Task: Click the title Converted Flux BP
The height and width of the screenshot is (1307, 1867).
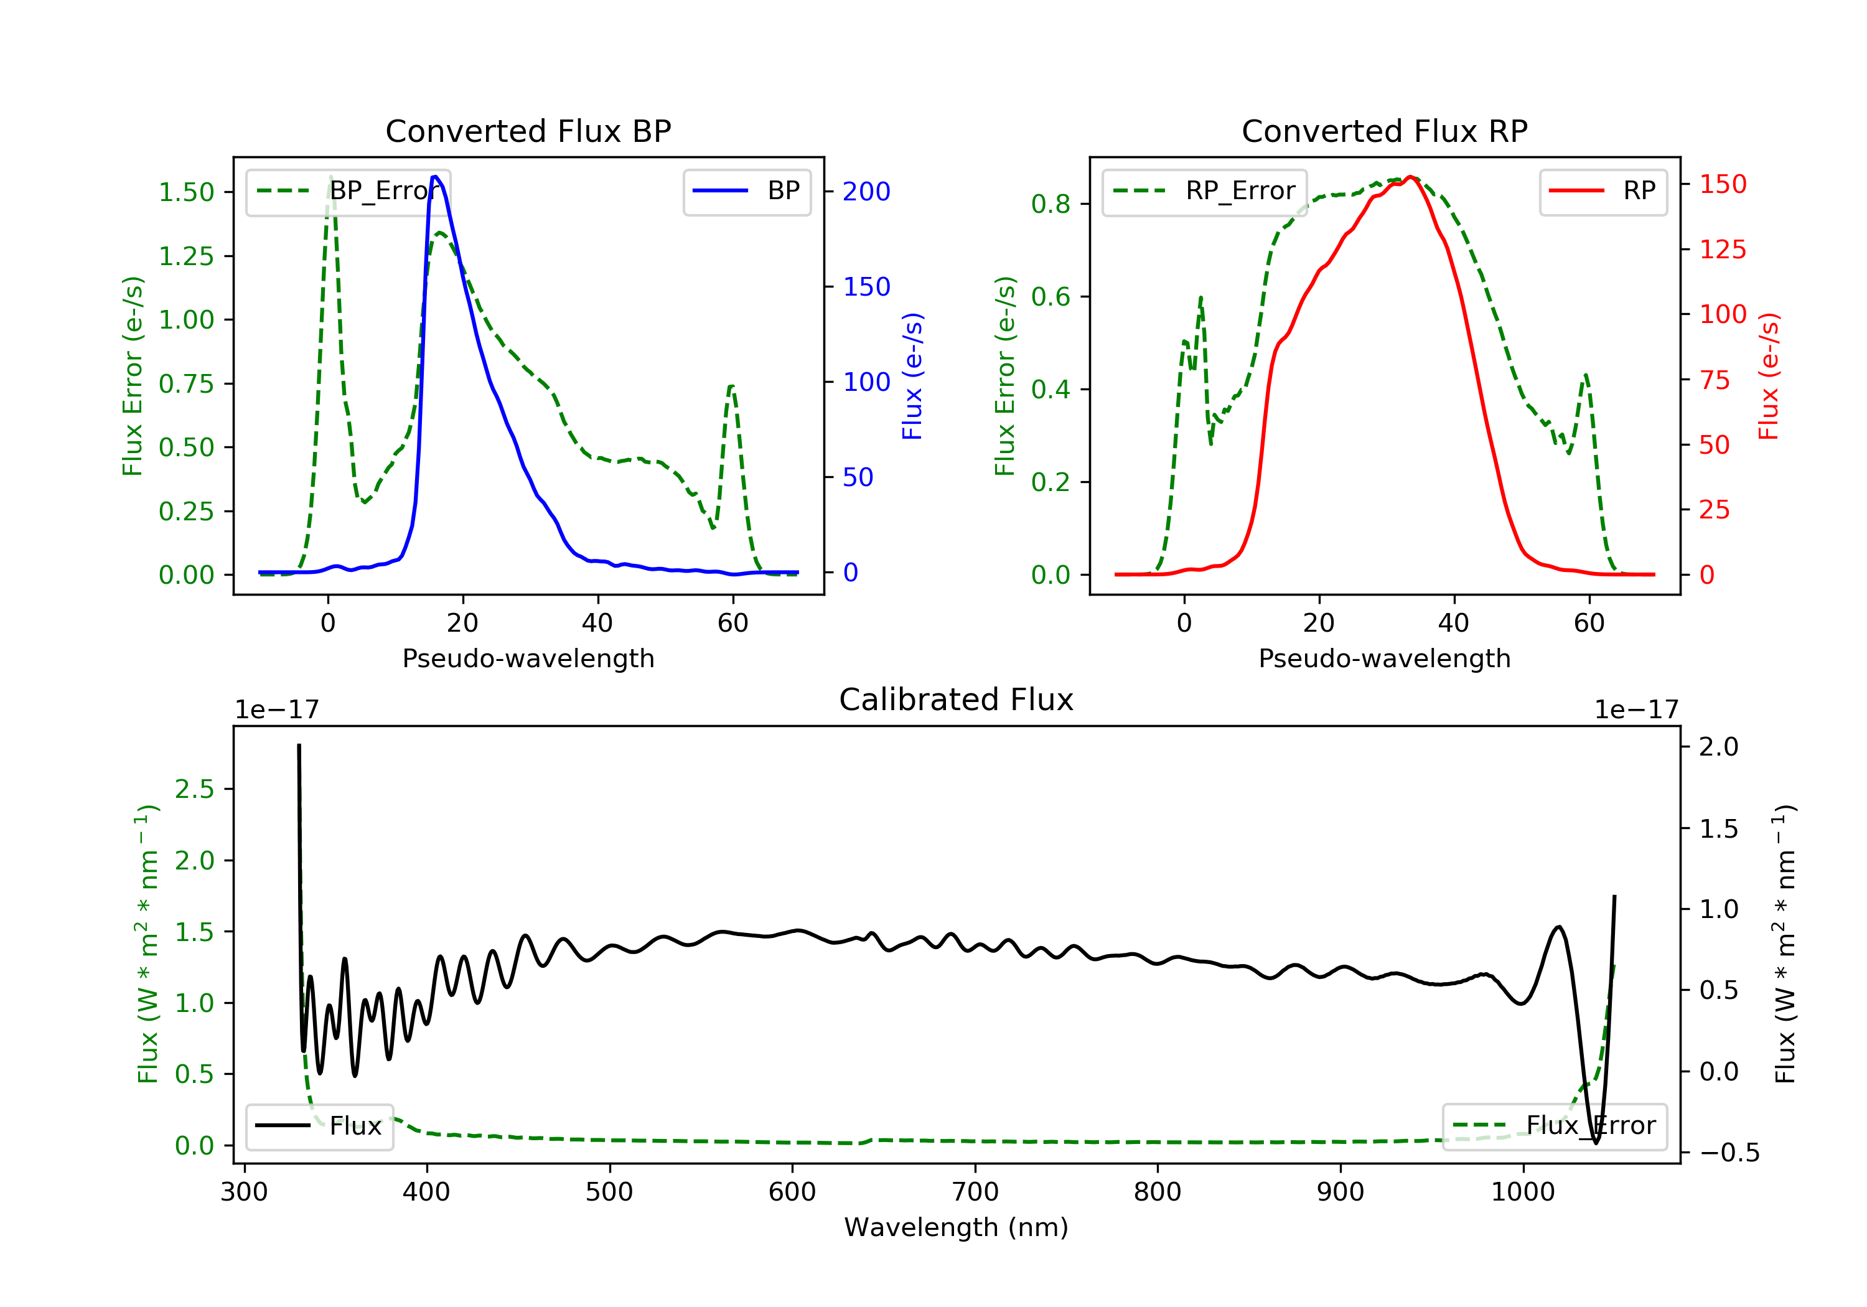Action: [528, 131]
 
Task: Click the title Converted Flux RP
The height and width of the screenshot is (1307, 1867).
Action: [1384, 131]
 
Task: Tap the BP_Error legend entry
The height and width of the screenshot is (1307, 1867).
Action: [348, 191]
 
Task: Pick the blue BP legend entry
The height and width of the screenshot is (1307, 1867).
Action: [746, 191]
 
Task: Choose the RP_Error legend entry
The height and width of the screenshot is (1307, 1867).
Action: [1204, 191]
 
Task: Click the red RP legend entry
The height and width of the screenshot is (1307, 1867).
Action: [1603, 191]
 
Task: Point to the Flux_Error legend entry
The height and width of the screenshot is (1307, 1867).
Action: [1554, 1126]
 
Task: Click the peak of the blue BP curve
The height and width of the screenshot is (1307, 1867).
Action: [436, 177]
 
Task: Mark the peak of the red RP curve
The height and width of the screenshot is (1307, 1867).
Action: [1411, 177]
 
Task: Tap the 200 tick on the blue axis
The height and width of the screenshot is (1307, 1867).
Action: [866, 192]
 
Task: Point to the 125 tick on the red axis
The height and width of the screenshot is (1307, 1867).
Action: [1722, 250]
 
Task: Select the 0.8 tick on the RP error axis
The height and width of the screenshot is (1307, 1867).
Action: [1050, 204]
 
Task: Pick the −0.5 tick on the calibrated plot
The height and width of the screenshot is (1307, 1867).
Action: [1729, 1153]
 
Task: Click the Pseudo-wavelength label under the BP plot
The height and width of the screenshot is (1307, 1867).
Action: [528, 658]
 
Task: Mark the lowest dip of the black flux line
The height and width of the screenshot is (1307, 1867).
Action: [1596, 1143]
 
